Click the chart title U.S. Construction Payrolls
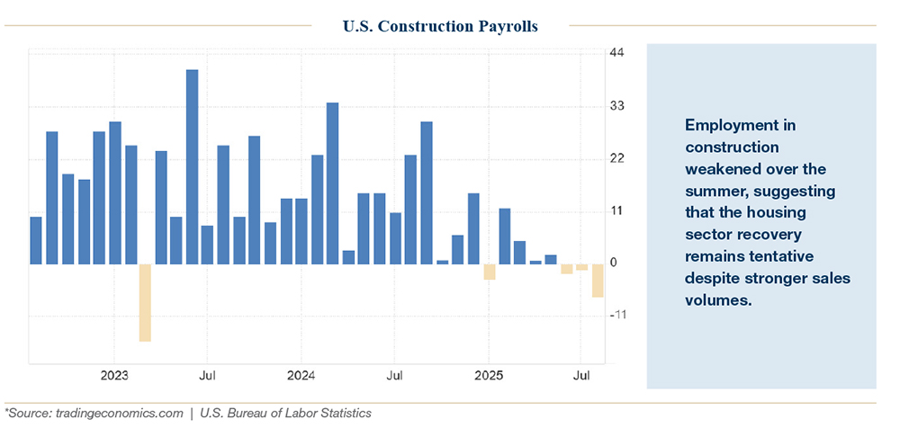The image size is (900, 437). point(440,26)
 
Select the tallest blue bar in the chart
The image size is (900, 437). point(192,166)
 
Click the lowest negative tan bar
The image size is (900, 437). point(145,302)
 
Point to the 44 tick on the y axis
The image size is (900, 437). point(617,54)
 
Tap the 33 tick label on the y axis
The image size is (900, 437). point(617,106)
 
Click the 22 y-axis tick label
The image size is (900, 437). point(617,158)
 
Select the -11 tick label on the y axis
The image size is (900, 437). point(619,316)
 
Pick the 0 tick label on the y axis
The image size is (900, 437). point(614,263)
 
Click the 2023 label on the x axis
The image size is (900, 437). point(114,374)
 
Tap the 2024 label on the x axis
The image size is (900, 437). point(301,374)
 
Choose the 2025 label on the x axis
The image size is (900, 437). point(488,374)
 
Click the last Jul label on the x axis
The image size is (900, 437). point(581,374)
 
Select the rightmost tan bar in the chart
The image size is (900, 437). point(597,281)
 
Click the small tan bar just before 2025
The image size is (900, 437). point(489,272)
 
